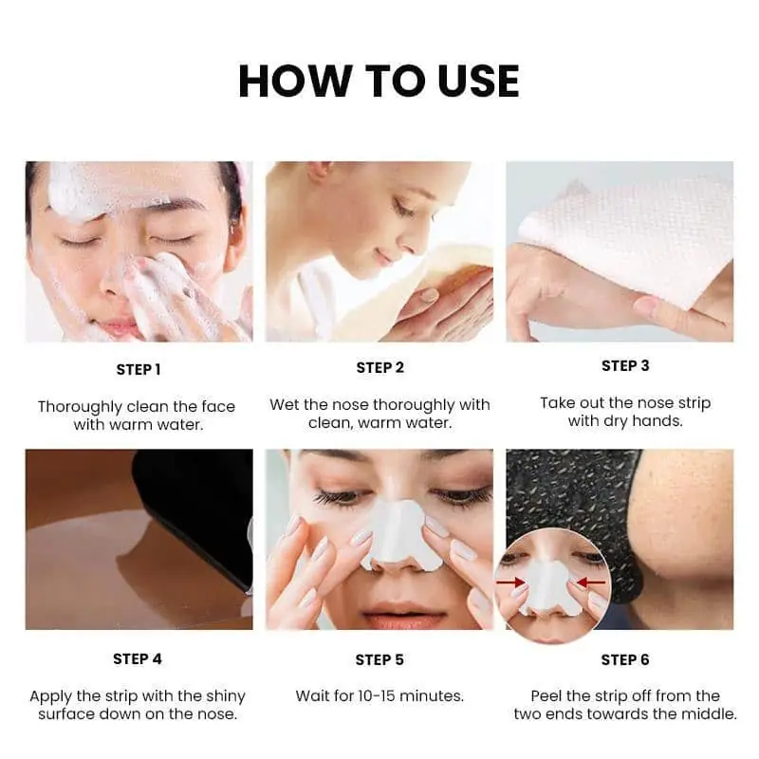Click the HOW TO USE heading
379,81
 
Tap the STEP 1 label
139,369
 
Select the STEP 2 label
379,367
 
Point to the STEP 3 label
625,365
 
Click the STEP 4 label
138,658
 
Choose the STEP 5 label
379,659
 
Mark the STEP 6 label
625,659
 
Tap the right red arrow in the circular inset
591,582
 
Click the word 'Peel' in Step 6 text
548,696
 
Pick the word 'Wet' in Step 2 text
285,405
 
